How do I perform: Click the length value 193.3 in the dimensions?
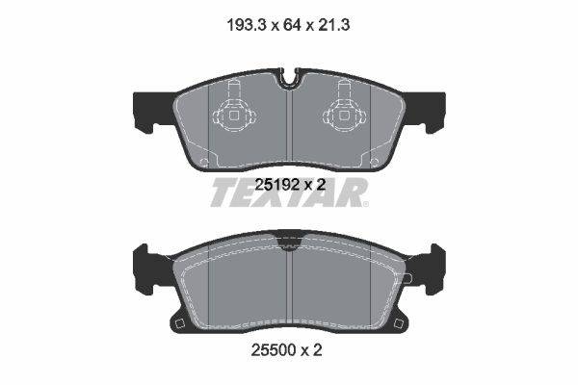point(246,25)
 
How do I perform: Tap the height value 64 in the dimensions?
point(292,25)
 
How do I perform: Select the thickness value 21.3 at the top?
point(333,25)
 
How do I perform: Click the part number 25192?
point(276,185)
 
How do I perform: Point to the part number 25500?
point(274,349)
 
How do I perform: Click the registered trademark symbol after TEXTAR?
point(365,204)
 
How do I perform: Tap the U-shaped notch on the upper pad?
point(289,78)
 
